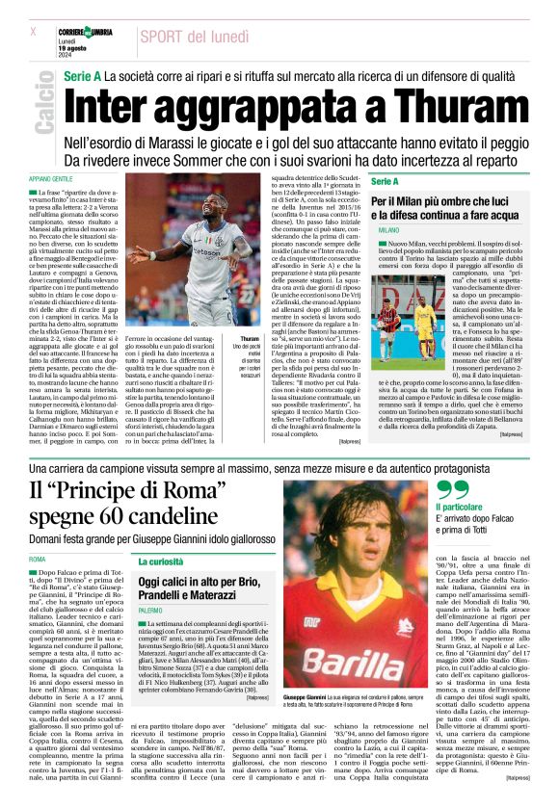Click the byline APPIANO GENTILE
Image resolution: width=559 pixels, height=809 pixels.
click(x=51, y=179)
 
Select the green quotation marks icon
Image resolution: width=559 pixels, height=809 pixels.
click(x=453, y=490)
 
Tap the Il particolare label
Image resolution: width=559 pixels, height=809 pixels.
click(x=462, y=509)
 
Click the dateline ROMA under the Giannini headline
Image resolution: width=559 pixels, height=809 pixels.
click(x=38, y=560)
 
